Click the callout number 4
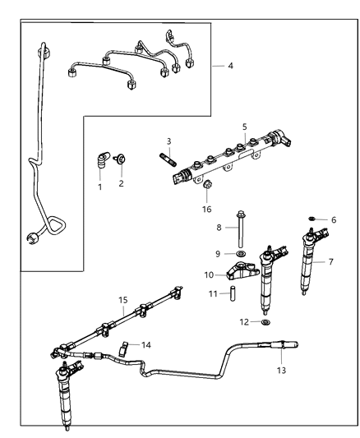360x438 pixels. click(x=230, y=65)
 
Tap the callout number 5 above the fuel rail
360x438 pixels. click(x=244, y=127)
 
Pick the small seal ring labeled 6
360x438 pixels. click(x=314, y=219)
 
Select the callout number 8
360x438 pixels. click(x=219, y=227)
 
